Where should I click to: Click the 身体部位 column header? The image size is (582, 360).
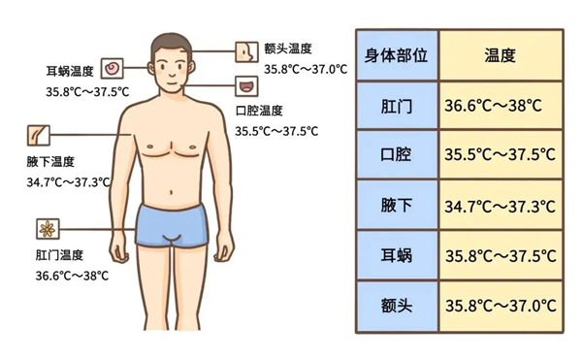(396, 54)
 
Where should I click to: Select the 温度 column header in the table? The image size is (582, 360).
(500, 54)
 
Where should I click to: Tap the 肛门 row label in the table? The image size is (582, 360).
(396, 105)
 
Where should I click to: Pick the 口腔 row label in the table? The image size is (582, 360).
(396, 155)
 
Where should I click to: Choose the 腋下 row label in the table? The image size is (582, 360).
(396, 206)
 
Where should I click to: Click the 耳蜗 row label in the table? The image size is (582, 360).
(396, 256)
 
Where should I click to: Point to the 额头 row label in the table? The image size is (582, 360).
(396, 307)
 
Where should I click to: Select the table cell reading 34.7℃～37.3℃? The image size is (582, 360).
(500, 206)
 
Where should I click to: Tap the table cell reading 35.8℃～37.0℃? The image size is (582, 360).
(500, 307)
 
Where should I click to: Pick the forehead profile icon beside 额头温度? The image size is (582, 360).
(246, 49)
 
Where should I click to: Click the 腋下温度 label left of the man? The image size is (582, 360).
(50, 161)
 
